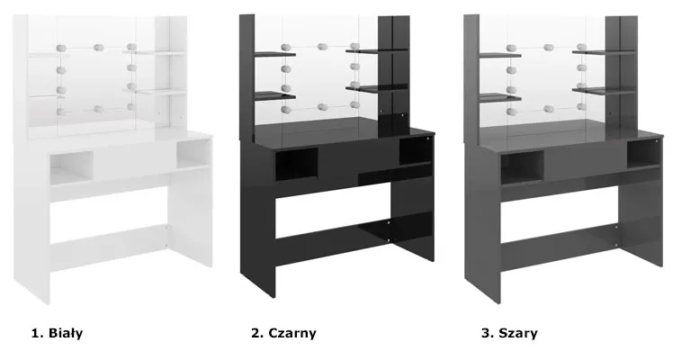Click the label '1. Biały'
click(x=57, y=333)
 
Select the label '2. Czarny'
click(x=283, y=333)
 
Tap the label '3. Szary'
click(x=509, y=333)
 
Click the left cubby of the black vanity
click(x=296, y=164)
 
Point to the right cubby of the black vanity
click(x=416, y=151)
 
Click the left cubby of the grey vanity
click(x=522, y=167)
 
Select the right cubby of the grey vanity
click(x=642, y=154)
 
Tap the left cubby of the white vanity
click(x=71, y=167)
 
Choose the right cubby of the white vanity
click(x=193, y=154)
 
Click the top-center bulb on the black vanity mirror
click(x=322, y=46)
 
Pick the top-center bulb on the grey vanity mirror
click(x=548, y=47)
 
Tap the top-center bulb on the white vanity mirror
click(x=98, y=47)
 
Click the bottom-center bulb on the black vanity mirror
click(x=323, y=107)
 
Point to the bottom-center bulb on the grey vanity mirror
click(x=549, y=109)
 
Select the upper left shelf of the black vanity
click(x=275, y=54)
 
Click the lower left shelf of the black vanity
click(x=275, y=95)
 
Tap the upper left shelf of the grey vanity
click(x=500, y=55)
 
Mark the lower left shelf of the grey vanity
click(x=500, y=98)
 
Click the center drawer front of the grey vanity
click(x=586, y=161)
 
